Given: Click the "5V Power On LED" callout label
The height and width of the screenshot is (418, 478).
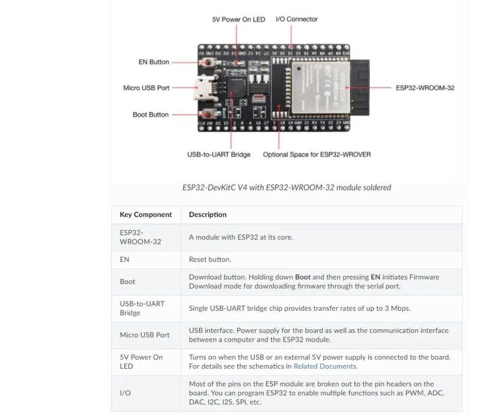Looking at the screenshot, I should (239, 20).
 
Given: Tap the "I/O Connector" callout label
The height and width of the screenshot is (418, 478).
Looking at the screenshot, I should (297, 19).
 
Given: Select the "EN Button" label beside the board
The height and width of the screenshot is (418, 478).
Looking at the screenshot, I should (154, 62).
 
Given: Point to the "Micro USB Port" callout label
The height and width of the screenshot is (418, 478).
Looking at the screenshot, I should (146, 88).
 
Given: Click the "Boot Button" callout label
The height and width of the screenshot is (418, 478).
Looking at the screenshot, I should (151, 115).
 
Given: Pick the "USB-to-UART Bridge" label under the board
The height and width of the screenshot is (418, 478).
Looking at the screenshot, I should (219, 155).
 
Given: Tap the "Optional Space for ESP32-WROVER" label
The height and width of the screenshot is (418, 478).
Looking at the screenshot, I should (317, 155).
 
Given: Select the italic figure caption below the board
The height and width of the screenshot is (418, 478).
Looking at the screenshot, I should (287, 187).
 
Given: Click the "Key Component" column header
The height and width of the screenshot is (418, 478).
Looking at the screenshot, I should (146, 214).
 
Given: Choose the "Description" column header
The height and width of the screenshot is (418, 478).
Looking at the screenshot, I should (208, 214).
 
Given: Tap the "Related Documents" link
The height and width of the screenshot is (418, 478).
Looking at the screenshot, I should (325, 366).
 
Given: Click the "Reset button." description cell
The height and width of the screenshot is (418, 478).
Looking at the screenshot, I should (210, 259).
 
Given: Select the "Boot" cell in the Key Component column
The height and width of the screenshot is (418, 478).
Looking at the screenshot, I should (128, 281).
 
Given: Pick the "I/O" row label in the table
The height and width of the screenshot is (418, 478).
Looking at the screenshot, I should (125, 393).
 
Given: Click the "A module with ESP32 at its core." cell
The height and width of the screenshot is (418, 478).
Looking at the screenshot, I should (241, 237).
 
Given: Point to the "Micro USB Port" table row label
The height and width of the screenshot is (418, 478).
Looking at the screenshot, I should (144, 335).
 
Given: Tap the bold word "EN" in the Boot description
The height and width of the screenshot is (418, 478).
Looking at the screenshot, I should (375, 277).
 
